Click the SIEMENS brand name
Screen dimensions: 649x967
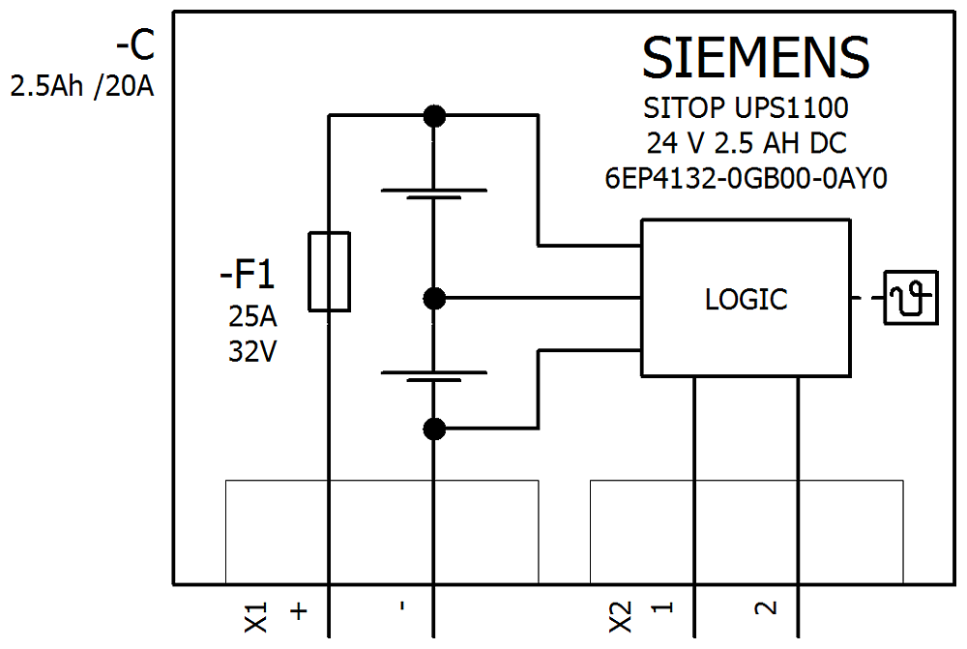[755, 58]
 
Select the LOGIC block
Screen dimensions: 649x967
[747, 299]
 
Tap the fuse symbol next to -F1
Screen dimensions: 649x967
[329, 272]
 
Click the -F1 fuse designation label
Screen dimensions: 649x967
[248, 277]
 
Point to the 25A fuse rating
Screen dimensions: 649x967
[252, 316]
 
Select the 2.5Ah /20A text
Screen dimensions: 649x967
[82, 87]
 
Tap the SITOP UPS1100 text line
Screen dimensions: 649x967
[746, 106]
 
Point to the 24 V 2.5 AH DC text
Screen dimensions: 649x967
[747, 143]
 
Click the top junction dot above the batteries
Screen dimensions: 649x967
[435, 116]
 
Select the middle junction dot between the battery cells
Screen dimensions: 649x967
[435, 298]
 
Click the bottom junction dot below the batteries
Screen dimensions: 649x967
[435, 428]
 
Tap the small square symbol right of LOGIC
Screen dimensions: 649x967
[913, 298]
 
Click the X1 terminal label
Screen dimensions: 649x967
[255, 617]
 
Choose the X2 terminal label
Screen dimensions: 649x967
[621, 616]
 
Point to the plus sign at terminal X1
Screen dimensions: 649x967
[299, 611]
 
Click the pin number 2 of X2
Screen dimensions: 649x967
[765, 608]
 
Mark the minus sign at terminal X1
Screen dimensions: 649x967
[401, 608]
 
